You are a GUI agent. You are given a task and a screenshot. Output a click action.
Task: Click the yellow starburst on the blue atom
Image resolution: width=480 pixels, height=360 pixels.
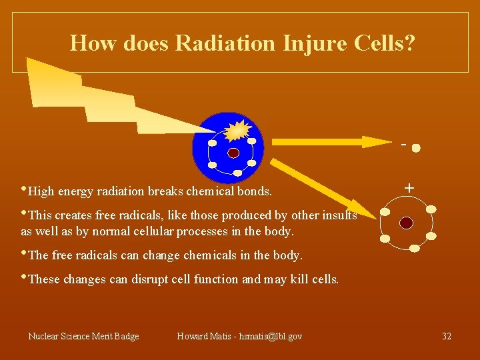pyautogui.click(x=237, y=129)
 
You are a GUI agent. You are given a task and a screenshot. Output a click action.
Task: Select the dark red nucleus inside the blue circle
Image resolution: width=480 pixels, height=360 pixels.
pyautogui.click(x=233, y=153)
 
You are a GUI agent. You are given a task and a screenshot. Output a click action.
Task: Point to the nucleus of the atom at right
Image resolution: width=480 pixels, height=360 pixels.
pyautogui.click(x=407, y=223)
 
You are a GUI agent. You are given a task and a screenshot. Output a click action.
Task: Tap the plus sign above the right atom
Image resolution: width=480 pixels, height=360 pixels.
pyautogui.click(x=409, y=189)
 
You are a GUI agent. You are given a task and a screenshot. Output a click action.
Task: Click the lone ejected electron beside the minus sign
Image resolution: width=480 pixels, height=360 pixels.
pyautogui.click(x=416, y=148)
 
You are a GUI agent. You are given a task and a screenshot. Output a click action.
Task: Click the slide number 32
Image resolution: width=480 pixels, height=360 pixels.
pyautogui.click(x=447, y=336)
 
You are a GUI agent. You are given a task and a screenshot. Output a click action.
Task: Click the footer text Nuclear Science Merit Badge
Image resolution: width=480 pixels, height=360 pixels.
pyautogui.click(x=83, y=336)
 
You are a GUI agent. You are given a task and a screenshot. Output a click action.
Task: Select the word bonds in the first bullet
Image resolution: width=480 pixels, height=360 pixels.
pyautogui.click(x=255, y=191)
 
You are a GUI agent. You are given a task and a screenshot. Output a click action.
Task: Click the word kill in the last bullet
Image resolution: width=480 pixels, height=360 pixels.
pyautogui.click(x=300, y=279)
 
